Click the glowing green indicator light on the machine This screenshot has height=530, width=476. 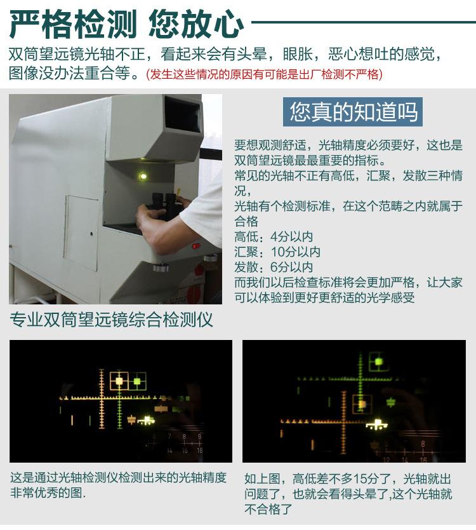[143, 176]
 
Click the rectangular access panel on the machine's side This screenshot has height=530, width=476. [81, 232]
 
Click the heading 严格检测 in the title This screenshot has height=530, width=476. [74, 24]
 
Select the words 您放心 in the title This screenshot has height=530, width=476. [195, 24]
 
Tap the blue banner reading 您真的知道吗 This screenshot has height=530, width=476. [353, 111]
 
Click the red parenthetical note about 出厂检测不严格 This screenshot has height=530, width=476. [264, 74]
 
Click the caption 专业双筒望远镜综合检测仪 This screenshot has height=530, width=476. [111, 320]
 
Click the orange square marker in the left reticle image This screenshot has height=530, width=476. [119, 381]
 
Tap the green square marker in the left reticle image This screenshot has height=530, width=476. [137, 381]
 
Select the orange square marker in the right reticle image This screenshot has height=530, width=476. [362, 403]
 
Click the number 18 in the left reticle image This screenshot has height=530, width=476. [199, 449]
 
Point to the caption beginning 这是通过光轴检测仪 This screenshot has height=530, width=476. [117, 485]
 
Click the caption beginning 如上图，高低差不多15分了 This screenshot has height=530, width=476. [349, 493]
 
